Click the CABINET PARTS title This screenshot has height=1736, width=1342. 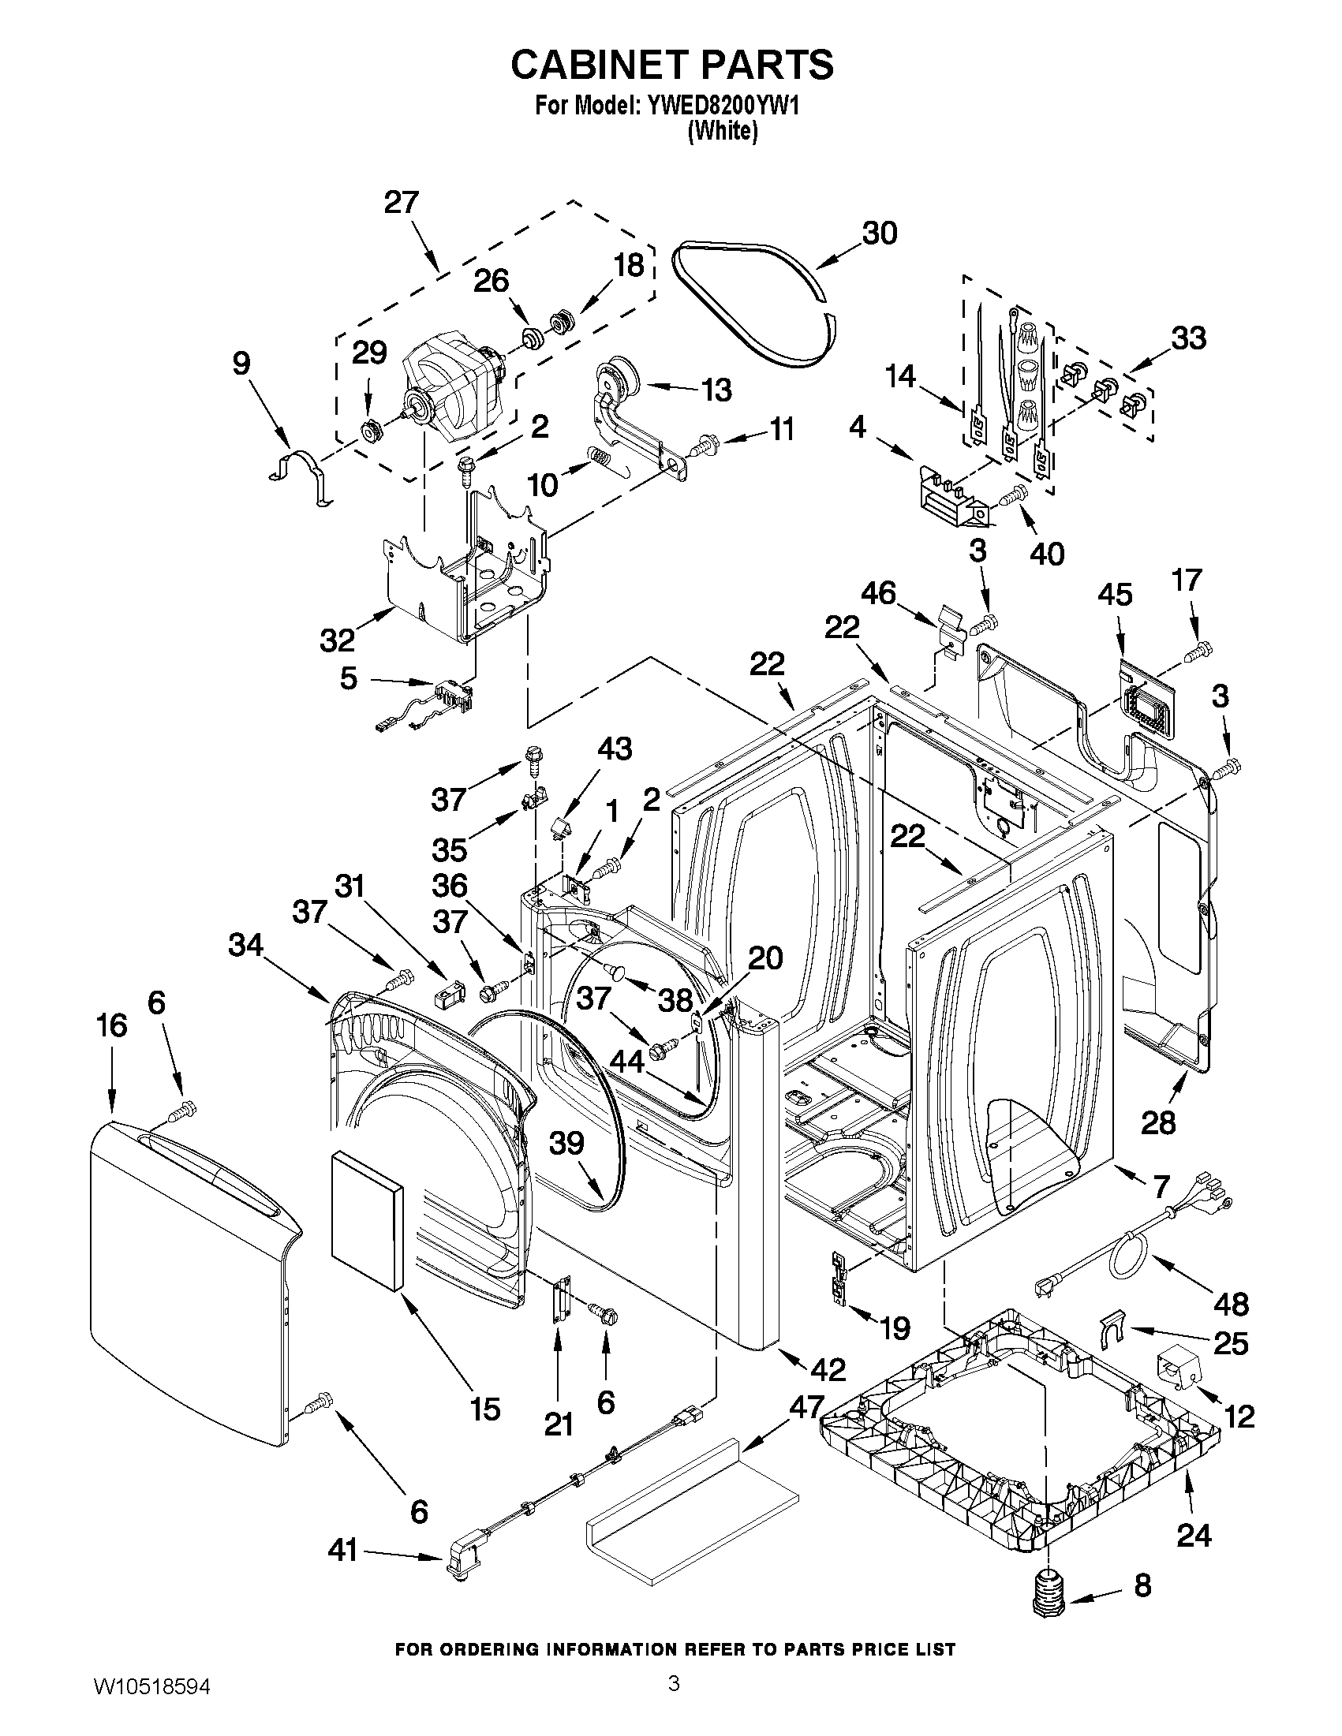click(672, 65)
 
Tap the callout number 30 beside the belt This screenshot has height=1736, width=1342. click(880, 233)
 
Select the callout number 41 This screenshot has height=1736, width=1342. click(343, 1549)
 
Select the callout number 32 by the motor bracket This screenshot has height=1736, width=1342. click(337, 639)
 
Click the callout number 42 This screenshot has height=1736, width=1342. click(828, 1368)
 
